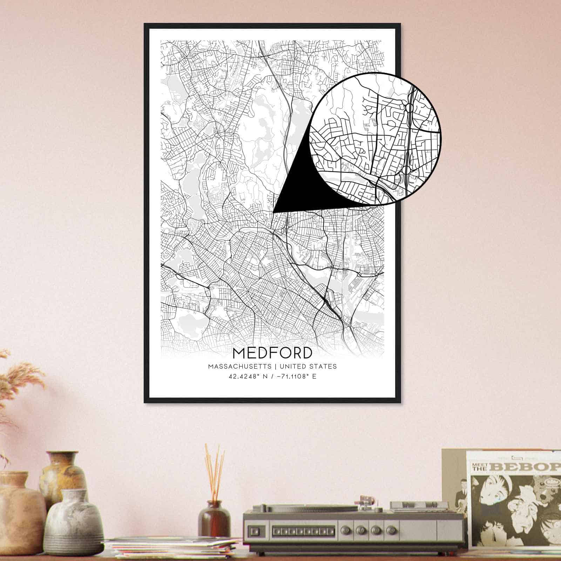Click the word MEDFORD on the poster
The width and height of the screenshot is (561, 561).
272,353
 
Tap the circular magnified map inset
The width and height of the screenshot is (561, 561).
375,138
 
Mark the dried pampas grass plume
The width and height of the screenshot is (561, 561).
18,382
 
